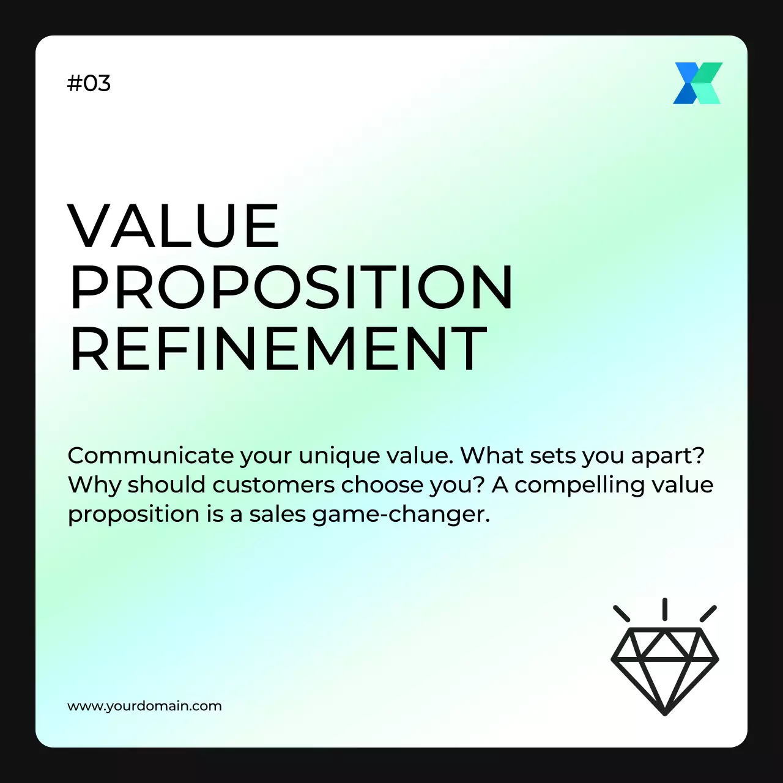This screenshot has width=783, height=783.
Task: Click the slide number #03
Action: pos(89,83)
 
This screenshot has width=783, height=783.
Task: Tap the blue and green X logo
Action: pos(697,83)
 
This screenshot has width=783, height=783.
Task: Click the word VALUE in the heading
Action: pos(174,226)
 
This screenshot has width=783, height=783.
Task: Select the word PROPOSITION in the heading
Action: pos(291,287)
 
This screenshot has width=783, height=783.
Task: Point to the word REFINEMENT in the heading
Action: pos(278,348)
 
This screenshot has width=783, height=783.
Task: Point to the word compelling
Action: pos(574,485)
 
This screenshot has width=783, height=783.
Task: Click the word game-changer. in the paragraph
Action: pos(401,514)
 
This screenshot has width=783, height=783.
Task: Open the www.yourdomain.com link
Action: pos(144,706)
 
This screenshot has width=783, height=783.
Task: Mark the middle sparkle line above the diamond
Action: pos(665,609)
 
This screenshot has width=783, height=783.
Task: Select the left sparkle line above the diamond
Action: pos(622,614)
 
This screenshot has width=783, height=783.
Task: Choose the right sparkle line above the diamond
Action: pos(708,614)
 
